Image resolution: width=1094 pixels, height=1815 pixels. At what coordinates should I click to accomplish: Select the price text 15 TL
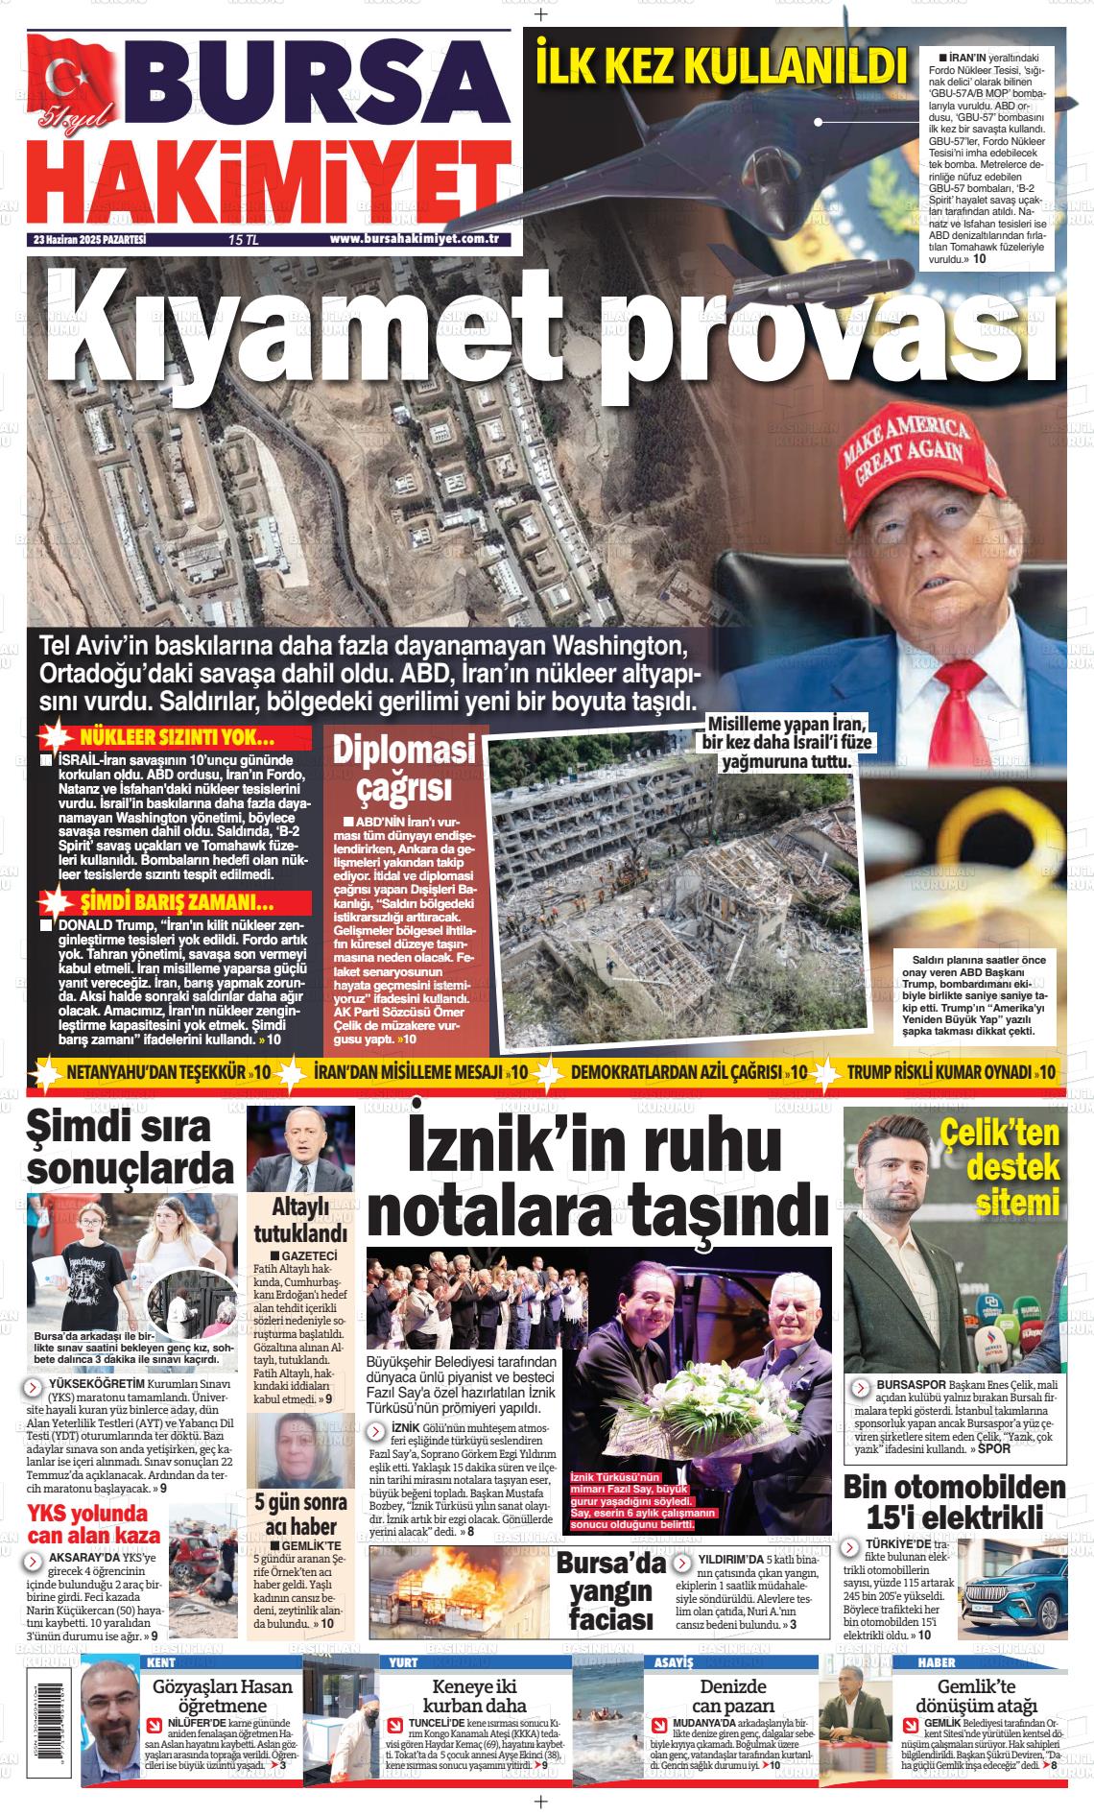(x=244, y=240)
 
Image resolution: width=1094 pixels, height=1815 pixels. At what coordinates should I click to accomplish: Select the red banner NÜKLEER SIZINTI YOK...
(x=177, y=738)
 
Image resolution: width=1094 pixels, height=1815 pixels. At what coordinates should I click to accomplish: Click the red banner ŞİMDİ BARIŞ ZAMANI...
(x=177, y=903)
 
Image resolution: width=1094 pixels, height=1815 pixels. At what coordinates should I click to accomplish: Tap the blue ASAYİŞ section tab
(x=673, y=1661)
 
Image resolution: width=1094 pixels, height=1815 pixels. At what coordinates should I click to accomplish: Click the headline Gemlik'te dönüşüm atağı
(x=977, y=1696)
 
